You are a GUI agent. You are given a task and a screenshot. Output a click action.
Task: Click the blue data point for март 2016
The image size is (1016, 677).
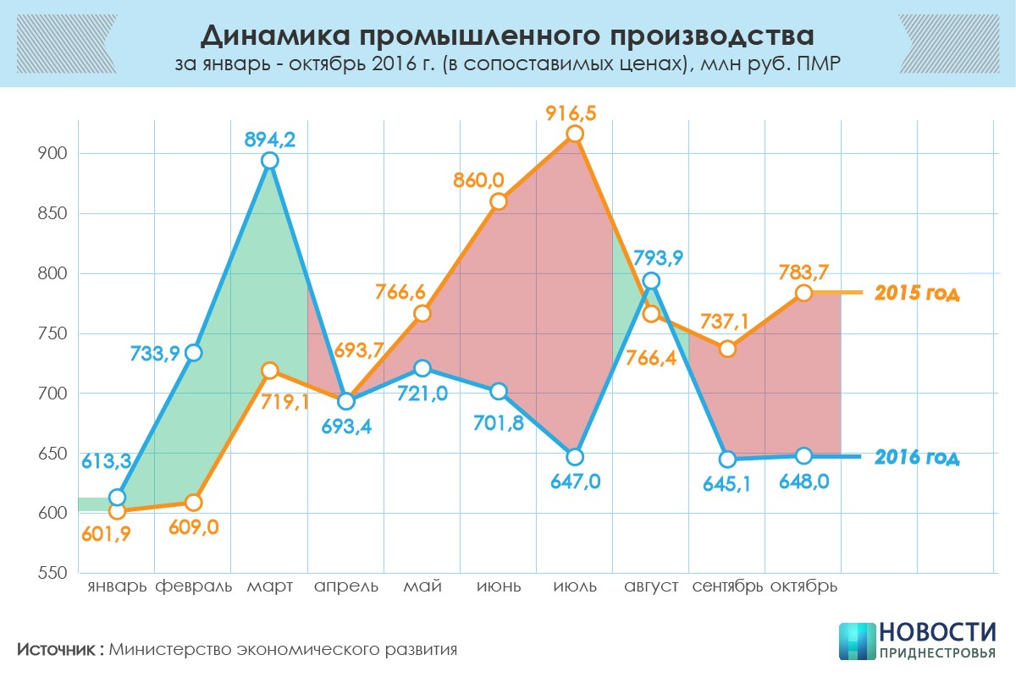pos(270,161)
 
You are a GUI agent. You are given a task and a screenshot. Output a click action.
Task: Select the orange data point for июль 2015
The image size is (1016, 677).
pos(575,134)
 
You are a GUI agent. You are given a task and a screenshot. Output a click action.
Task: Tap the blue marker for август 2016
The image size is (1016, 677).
pos(651,281)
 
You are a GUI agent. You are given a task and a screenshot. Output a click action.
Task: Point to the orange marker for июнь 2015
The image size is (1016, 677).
pos(499,201)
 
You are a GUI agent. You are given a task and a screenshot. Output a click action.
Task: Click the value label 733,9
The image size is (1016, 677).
pos(153,354)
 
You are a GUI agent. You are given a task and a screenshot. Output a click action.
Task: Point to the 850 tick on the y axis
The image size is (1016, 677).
pos(52,213)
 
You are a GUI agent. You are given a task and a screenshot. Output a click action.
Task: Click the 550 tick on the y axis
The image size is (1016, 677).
pos(52,573)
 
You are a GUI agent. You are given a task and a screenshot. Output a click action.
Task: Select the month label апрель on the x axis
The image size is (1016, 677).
pos(345,586)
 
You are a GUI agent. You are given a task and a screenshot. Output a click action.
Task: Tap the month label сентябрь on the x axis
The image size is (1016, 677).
pos(727,586)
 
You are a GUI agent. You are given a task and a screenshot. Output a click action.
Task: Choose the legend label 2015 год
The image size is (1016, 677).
pos(917,294)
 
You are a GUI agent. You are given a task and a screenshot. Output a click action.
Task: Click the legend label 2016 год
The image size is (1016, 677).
pos(917,458)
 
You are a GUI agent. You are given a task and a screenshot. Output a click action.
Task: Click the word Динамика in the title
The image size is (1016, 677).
pos(272,36)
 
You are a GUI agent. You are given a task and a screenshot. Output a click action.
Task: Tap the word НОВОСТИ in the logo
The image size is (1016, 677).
pos(937,633)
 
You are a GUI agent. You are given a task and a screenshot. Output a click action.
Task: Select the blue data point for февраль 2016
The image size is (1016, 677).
pos(194,353)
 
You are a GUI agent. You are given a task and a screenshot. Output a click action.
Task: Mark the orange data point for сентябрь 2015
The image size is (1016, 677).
pos(727,349)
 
